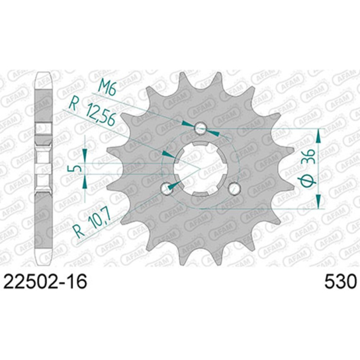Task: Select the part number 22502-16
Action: click(45, 281)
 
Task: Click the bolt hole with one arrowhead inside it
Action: click(167, 188)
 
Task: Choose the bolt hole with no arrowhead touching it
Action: click(234, 188)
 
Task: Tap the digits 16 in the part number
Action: click(77, 281)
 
